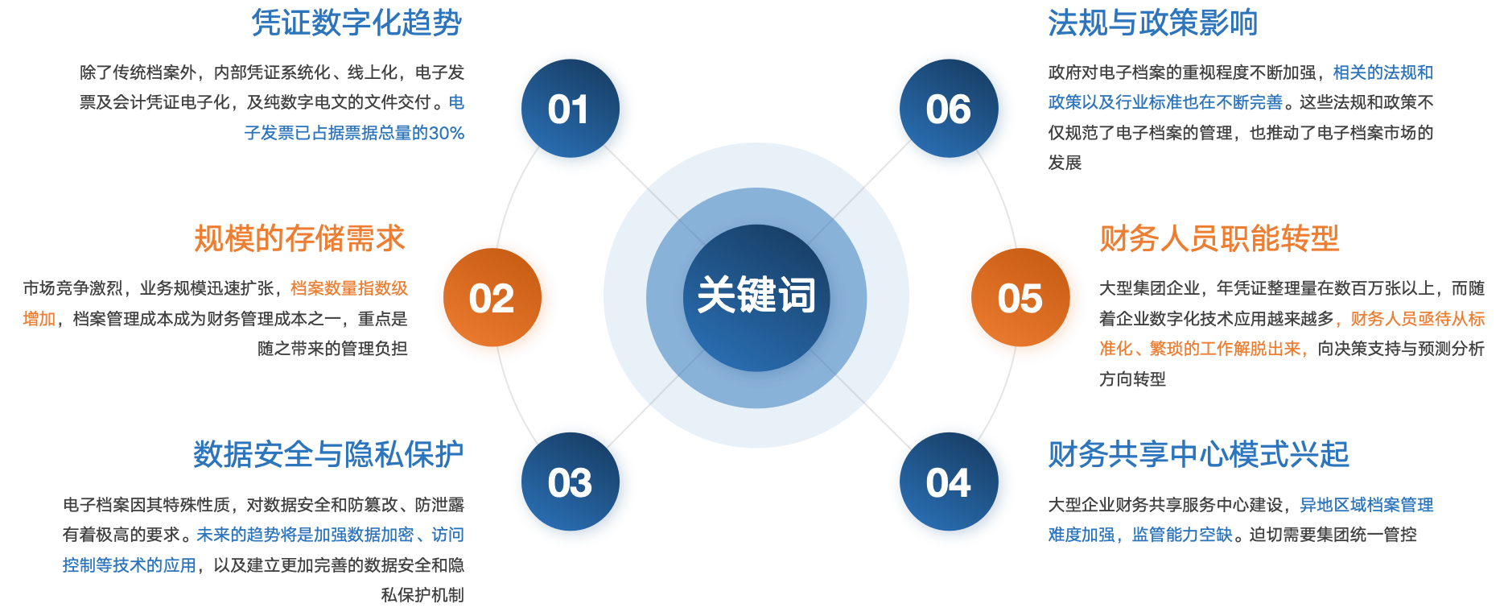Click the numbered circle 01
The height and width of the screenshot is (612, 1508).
click(x=573, y=111)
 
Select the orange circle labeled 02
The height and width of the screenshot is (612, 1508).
click(x=495, y=300)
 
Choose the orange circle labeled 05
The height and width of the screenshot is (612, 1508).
click(x=1023, y=300)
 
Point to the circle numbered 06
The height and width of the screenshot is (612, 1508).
click(x=952, y=111)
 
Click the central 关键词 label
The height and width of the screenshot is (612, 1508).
click(x=756, y=295)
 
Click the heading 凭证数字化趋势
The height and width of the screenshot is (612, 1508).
click(x=356, y=23)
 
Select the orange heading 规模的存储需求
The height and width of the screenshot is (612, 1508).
click(x=299, y=238)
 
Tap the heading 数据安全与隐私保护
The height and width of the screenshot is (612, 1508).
click(x=328, y=454)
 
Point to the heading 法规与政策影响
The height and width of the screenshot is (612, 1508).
click(x=1152, y=23)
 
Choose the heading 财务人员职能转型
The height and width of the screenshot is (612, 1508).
click(x=1219, y=238)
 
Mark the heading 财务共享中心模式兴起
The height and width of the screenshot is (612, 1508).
click(x=1198, y=454)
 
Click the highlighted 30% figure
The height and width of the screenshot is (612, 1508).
click(x=446, y=134)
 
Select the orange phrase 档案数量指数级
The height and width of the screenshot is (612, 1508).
click(x=349, y=288)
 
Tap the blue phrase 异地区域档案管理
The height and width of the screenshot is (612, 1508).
click(x=1366, y=505)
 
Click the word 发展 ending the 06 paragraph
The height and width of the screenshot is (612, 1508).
click(x=1064, y=163)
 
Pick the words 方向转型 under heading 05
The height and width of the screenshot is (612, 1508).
click(x=1132, y=379)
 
